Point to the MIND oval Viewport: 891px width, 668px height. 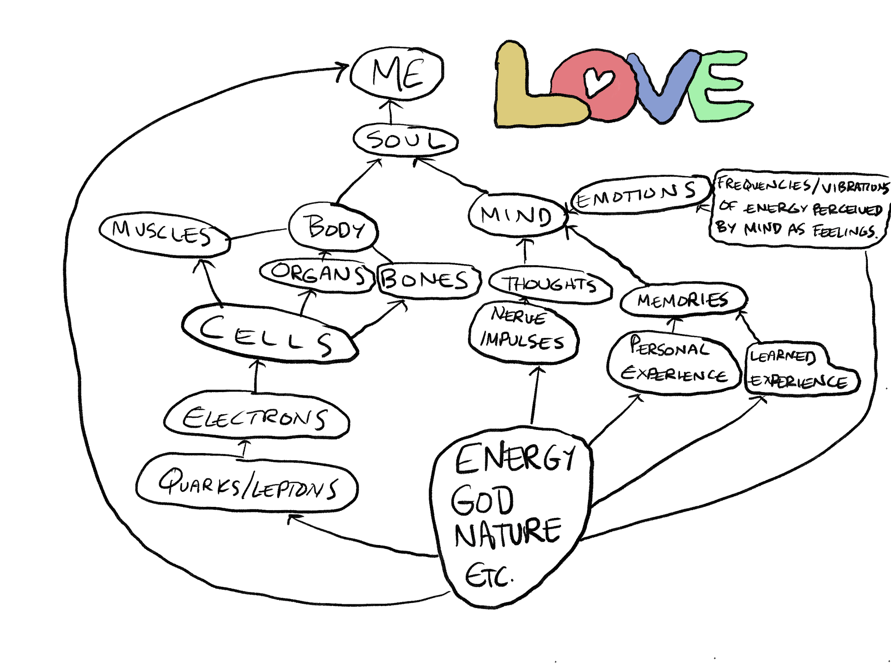(517, 215)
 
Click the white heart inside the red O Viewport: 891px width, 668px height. (598, 81)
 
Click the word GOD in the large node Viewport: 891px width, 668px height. (483, 501)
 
